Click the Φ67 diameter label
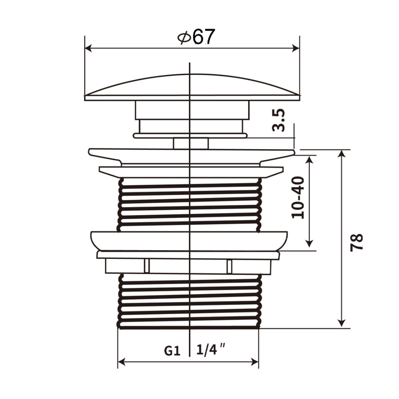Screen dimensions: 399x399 pos(196,37)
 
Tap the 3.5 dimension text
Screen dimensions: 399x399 pos(279,120)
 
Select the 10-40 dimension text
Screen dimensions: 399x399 pos(298,197)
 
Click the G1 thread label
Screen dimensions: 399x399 pos(172,351)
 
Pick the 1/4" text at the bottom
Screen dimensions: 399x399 pos(211,349)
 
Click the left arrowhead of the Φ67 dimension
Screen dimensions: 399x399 pos(88,48)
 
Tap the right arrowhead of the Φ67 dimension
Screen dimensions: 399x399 pos(296,48)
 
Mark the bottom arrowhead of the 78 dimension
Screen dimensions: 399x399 pos(342,324)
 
